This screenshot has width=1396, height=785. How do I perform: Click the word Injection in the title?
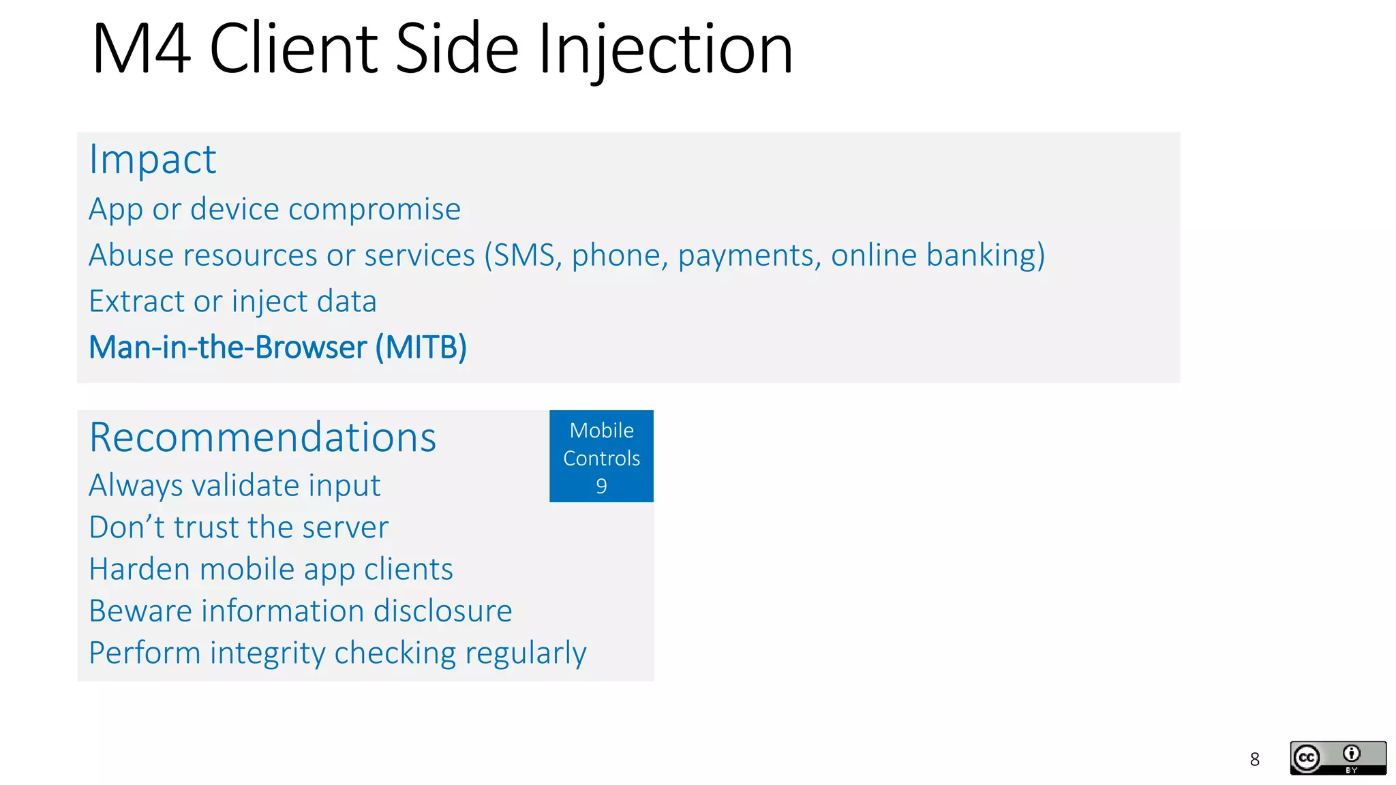(x=665, y=49)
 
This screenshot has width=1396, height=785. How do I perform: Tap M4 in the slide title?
(x=141, y=49)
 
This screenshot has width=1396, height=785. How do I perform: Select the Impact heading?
(x=153, y=159)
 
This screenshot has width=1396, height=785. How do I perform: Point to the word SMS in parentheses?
(x=523, y=256)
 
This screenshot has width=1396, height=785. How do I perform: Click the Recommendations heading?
(x=262, y=437)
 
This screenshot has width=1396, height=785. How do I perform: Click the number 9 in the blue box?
(x=601, y=486)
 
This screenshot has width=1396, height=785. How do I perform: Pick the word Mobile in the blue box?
(x=601, y=431)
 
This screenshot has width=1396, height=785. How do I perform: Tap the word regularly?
(x=526, y=653)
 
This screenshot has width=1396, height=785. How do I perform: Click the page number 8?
(x=1254, y=759)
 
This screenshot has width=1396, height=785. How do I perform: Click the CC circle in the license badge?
(x=1307, y=758)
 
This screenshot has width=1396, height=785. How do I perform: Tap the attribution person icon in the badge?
(x=1351, y=754)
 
